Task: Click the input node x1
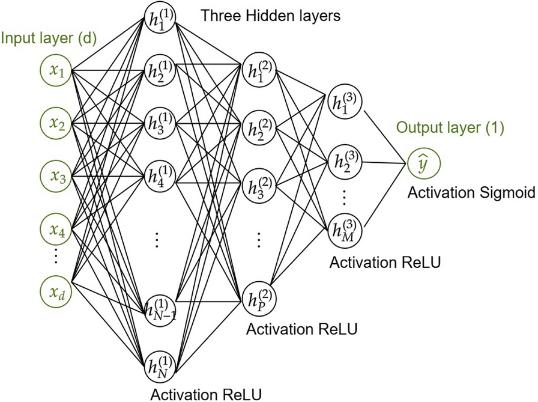(56, 72)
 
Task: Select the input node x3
(56, 177)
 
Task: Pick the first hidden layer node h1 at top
(159, 19)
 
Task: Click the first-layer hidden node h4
(159, 178)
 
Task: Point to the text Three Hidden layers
(270, 16)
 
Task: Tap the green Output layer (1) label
(449, 128)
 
